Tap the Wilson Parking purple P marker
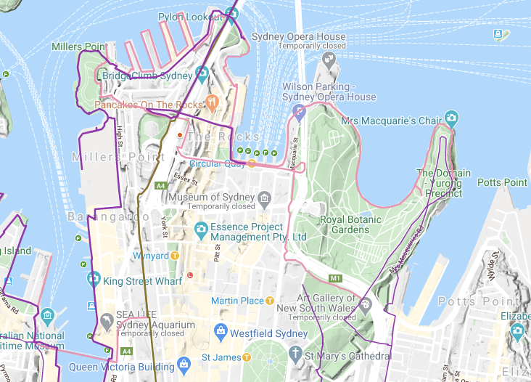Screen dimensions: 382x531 coord(299,111)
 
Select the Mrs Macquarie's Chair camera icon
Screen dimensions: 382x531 coord(452,118)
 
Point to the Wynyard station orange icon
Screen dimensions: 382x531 coord(175,256)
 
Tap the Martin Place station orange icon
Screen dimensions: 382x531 coord(270,300)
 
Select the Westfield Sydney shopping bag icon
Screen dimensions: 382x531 coord(221,333)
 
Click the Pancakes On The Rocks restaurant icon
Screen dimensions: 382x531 coord(212,102)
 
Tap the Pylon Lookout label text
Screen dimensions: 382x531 coord(190,15)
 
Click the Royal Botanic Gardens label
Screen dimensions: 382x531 coord(345,224)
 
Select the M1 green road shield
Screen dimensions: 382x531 coord(334,278)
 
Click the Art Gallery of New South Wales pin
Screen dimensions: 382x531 coord(365,304)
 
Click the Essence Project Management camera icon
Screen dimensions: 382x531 coord(201,231)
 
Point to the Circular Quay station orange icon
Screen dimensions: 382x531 coord(251,163)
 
